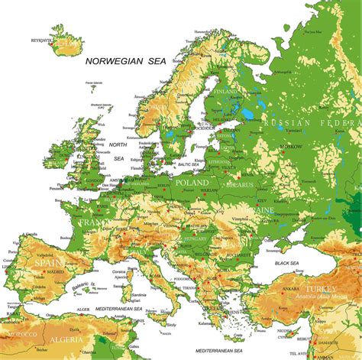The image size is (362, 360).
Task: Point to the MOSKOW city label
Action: click(290, 146)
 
